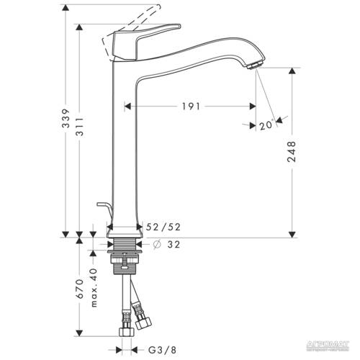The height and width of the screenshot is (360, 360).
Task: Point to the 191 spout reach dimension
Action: [190, 105]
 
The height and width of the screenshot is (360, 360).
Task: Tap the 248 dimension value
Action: [291, 153]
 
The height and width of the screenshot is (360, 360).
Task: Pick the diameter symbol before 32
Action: [155, 243]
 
